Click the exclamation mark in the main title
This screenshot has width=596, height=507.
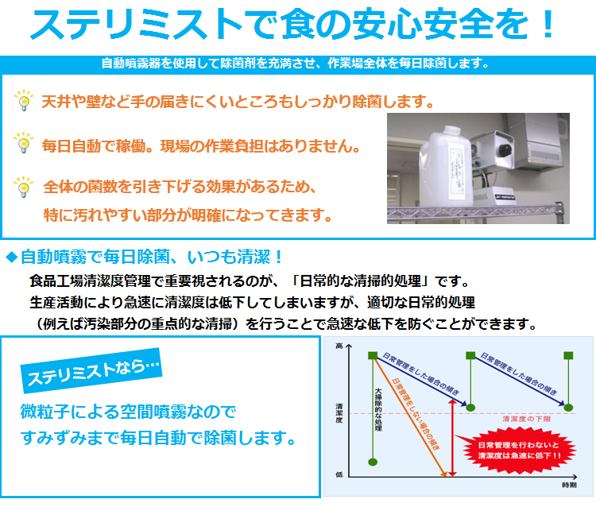[x=548, y=24]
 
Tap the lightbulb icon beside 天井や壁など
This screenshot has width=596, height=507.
[x=24, y=100]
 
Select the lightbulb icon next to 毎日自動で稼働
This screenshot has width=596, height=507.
[x=24, y=142]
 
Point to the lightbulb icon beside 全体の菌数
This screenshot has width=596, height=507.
[x=24, y=187]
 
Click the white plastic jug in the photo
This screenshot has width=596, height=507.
[x=447, y=166]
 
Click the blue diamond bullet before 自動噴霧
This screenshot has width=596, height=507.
[x=12, y=257]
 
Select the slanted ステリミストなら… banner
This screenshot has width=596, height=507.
[x=91, y=370]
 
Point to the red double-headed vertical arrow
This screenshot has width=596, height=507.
[x=452, y=437]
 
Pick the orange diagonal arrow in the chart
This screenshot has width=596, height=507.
[x=410, y=417]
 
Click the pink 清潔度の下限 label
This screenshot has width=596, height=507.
[x=526, y=419]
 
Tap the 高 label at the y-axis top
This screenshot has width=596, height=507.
[x=339, y=346]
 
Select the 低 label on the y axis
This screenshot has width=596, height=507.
[x=339, y=474]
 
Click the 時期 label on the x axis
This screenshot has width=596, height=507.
[x=569, y=485]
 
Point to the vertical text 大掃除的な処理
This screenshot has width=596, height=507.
[x=378, y=409]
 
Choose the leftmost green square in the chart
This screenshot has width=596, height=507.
[x=373, y=356]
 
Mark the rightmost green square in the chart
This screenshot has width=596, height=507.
[x=568, y=356]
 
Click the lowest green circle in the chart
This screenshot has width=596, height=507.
[x=373, y=462]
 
